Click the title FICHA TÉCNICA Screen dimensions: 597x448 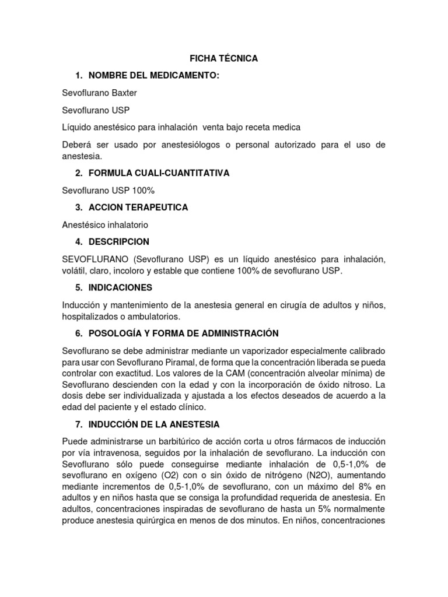tap(223, 59)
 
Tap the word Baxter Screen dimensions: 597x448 tap(124, 93)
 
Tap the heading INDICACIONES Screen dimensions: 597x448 tap(120, 287)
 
